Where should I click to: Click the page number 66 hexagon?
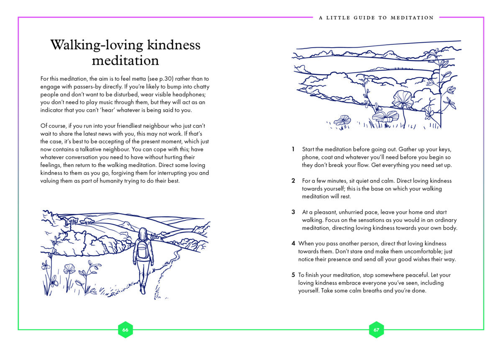(x=125, y=329)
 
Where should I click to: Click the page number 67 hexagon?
(x=376, y=329)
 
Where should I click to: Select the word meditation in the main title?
(x=125, y=61)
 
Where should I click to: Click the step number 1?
(x=293, y=149)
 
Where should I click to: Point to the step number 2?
(x=293, y=181)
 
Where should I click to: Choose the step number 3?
(x=293, y=212)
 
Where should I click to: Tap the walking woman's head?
(x=143, y=233)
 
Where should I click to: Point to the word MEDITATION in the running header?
(x=412, y=18)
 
